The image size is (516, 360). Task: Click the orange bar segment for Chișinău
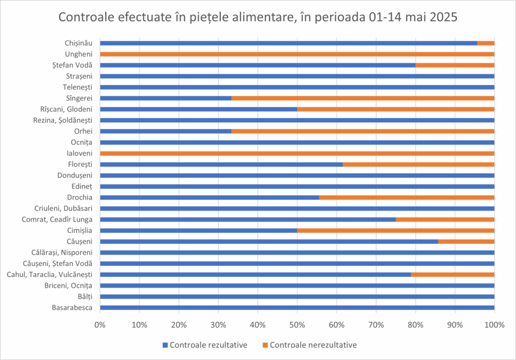pos(486,43)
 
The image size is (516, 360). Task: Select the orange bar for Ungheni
pos(297,54)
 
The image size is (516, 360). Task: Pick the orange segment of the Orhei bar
pos(363,131)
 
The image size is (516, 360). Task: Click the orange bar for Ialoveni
pos(297,153)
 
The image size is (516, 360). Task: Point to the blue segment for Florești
pos(221,164)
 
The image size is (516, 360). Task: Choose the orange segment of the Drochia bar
pos(407,197)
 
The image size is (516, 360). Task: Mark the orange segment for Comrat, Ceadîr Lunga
pos(445,220)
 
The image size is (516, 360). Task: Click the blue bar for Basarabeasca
pos(297,308)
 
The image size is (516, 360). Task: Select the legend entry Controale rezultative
pos(208,345)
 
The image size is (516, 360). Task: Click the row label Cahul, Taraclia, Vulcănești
pos(49,274)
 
